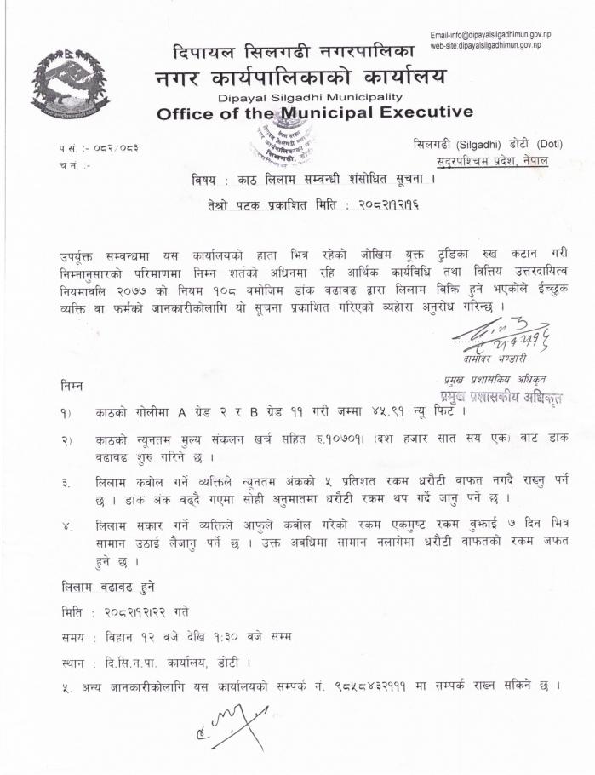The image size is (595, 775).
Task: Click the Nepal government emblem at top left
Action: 70,83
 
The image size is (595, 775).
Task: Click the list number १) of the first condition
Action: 66,413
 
